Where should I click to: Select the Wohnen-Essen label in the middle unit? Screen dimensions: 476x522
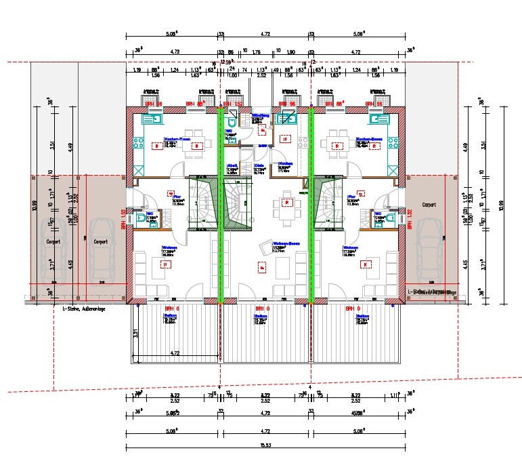pos(286,242)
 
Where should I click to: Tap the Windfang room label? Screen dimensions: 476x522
pos(261,116)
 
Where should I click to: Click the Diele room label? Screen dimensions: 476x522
pos(259,165)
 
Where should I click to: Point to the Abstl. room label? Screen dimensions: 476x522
pos(232,165)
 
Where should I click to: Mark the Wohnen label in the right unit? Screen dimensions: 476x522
pos(350,247)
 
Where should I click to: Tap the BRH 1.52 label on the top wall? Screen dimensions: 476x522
pos(232,104)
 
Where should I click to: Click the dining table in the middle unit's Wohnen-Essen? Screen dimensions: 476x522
pos(287,203)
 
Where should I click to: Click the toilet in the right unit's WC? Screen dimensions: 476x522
pos(366,218)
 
